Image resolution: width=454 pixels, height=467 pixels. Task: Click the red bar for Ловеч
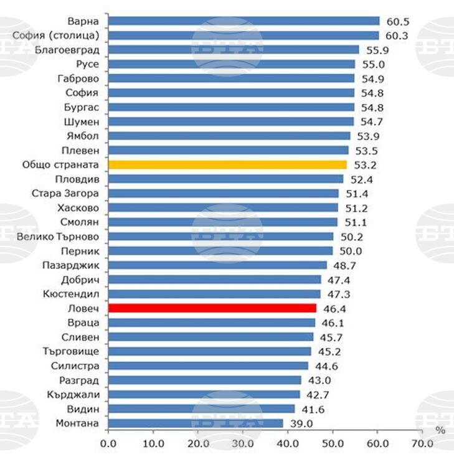coord(212,308)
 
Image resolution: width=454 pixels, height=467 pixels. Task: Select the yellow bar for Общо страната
coord(227,165)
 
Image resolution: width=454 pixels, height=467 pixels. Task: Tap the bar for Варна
coord(244,21)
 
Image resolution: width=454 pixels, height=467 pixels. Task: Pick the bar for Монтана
coord(196,423)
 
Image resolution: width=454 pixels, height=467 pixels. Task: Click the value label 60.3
coord(396,35)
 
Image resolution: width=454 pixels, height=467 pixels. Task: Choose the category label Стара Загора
coord(65,194)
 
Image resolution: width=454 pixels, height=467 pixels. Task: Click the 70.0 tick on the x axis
coord(422,443)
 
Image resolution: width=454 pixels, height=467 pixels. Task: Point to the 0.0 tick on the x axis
coord(108,443)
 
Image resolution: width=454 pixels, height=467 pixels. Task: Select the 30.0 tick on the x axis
coord(242,443)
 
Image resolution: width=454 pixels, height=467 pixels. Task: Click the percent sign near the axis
coord(440,431)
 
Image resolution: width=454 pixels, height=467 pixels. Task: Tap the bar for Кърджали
coord(204,395)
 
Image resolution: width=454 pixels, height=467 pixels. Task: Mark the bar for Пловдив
coord(225,179)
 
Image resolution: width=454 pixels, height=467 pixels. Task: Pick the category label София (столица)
coord(55,35)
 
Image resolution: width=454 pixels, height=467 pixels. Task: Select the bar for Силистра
coord(208,366)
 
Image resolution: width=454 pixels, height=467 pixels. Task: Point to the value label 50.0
coord(350,251)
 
